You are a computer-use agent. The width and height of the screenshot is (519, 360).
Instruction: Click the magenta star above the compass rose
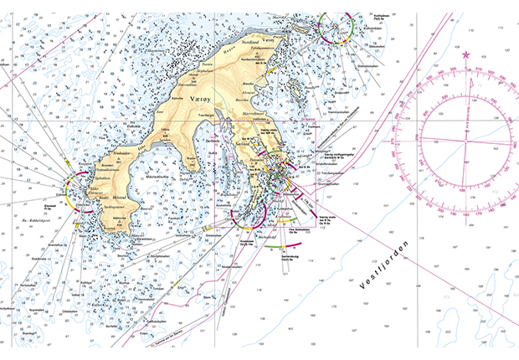[465, 55]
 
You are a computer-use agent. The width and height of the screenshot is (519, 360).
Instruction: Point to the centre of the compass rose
[465, 139]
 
